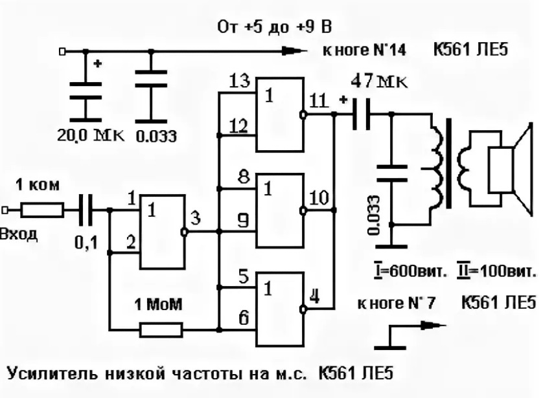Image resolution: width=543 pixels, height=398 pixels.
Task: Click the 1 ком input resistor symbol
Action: click(x=42, y=210)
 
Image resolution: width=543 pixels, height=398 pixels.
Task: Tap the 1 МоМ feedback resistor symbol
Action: click(x=161, y=330)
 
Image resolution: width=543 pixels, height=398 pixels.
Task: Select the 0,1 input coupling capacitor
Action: click(x=86, y=210)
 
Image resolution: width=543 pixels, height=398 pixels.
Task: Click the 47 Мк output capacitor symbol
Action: click(x=361, y=114)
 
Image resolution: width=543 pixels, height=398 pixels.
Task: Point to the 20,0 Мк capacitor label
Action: click(x=90, y=135)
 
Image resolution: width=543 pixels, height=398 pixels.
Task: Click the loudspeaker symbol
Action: click(x=510, y=169)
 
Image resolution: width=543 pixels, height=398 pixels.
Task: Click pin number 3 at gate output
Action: click(x=195, y=219)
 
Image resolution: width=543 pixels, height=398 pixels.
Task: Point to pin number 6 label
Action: click(x=244, y=318)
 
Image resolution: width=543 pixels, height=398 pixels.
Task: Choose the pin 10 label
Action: click(x=319, y=198)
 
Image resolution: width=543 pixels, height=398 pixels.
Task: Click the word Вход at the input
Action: click(x=19, y=234)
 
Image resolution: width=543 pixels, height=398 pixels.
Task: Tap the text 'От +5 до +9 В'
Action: click(x=275, y=27)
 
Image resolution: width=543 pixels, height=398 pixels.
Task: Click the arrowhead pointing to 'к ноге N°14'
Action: click(x=294, y=51)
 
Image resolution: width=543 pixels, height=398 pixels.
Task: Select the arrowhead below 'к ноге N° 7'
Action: click(x=433, y=325)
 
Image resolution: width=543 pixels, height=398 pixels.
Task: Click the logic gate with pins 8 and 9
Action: click(x=280, y=210)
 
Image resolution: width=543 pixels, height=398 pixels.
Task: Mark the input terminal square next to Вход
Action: click(x=5, y=210)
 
